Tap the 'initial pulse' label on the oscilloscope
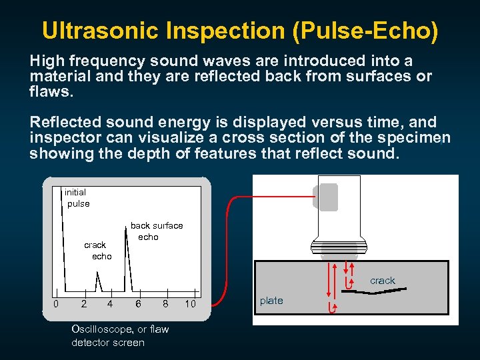(x=77, y=198)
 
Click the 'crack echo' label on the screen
(x=98, y=251)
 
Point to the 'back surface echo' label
(x=156, y=231)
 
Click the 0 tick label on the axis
(x=56, y=304)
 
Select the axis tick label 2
(x=83, y=304)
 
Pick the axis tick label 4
(x=110, y=304)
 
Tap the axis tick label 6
(x=138, y=304)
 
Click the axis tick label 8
(x=165, y=304)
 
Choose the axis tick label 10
(x=191, y=304)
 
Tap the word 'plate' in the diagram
(x=271, y=301)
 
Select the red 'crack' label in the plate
(x=383, y=281)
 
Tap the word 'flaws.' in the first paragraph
(x=50, y=91)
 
